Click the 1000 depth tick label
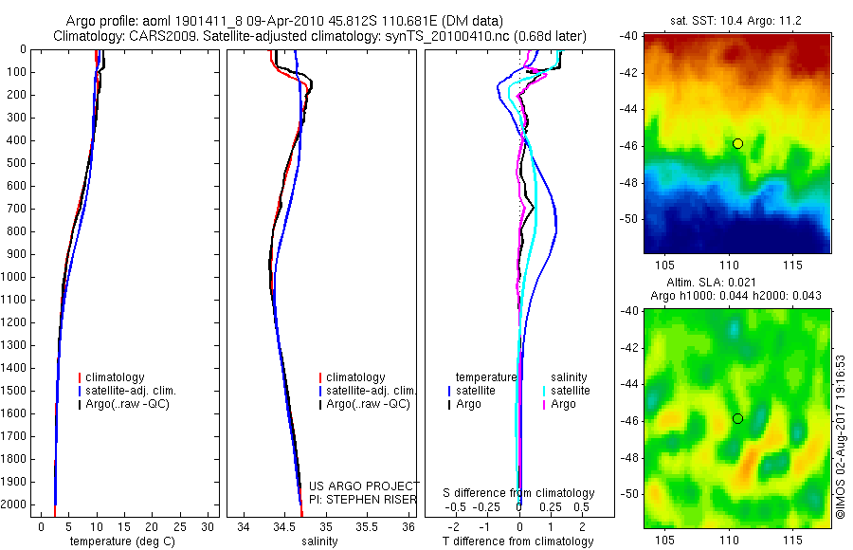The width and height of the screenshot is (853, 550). [x=16, y=277]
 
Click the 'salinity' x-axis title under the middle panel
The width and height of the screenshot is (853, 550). [x=318, y=541]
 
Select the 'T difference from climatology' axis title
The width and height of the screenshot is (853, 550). [x=517, y=541]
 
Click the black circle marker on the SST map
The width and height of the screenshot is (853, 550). [x=737, y=143]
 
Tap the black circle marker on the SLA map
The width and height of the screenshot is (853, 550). [x=737, y=418]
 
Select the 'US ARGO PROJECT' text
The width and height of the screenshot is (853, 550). [x=362, y=486]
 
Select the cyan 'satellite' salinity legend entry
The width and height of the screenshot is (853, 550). [x=570, y=391]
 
